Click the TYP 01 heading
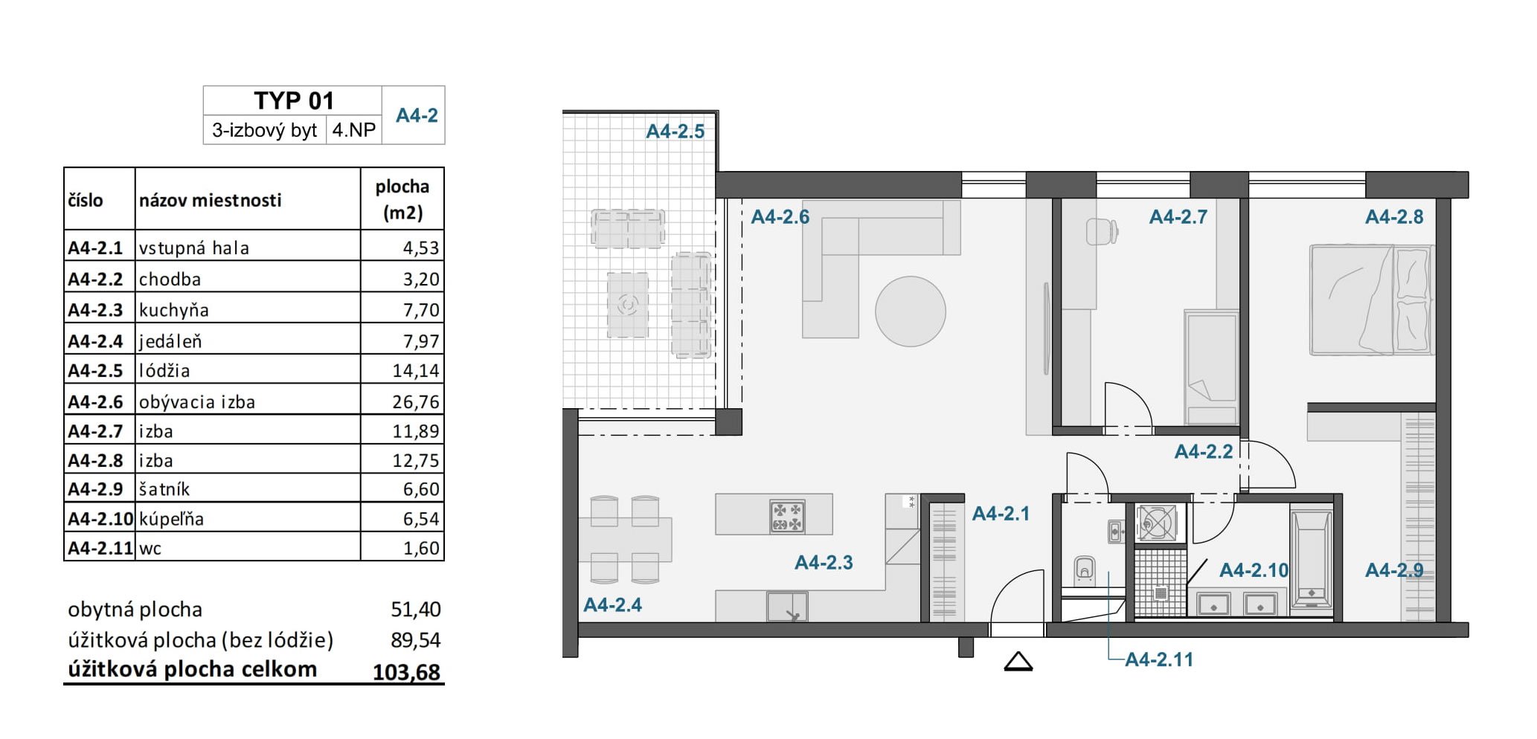click(294, 100)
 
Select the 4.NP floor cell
click(354, 130)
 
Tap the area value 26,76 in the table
click(416, 401)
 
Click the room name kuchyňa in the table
click(174, 310)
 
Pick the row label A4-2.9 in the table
click(95, 489)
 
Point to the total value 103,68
click(406, 672)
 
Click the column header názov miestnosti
click(211, 200)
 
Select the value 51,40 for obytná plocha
click(416, 610)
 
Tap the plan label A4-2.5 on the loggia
click(675, 132)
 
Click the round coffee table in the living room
click(910, 312)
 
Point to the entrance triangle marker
click(1018, 661)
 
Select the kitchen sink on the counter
click(787, 607)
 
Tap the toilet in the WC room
click(1085, 570)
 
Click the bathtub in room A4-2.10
click(1312, 560)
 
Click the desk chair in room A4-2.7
click(1102, 231)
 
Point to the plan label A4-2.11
click(1158, 659)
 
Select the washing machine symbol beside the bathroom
click(1156, 523)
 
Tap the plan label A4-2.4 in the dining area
click(612, 605)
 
